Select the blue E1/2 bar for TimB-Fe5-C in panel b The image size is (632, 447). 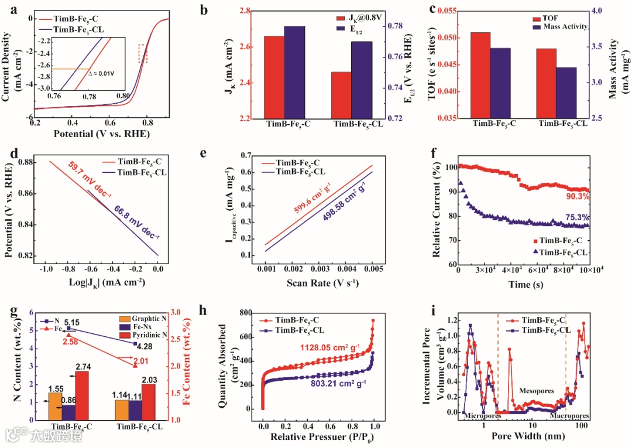[x=294, y=72]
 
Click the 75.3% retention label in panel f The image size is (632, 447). [x=578, y=217]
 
